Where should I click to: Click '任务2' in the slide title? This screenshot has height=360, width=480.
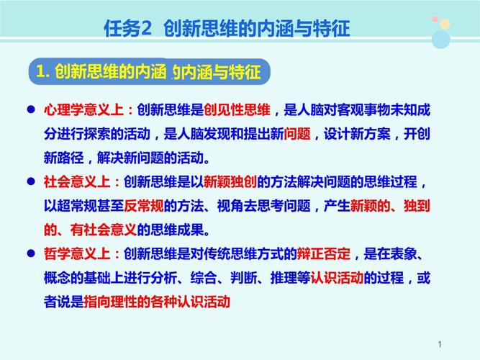point(129,29)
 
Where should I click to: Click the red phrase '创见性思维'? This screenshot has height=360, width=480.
point(237,109)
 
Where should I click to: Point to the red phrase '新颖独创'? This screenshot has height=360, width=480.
point(230,182)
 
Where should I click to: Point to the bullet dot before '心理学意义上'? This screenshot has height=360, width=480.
point(31,110)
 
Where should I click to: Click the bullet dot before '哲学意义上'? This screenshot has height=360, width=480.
point(31,254)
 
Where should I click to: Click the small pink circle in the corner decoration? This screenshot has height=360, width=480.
point(435,21)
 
